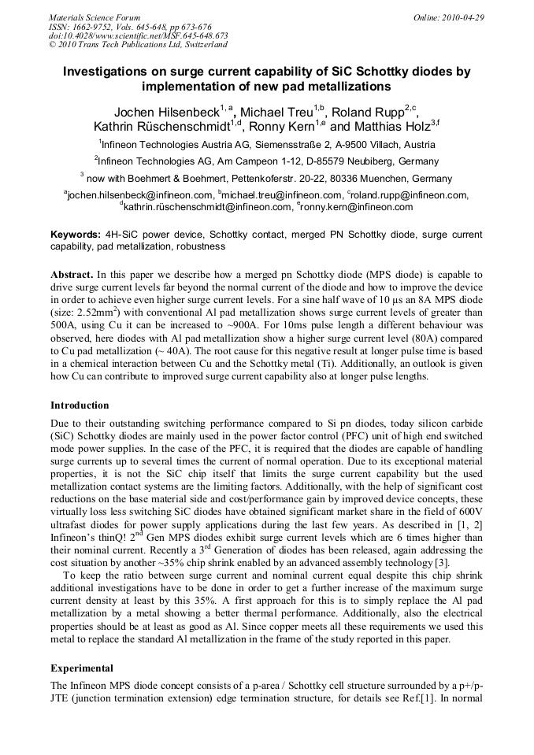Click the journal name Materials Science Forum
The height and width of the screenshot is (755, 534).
pyautogui.click(x=95, y=17)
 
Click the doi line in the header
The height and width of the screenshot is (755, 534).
pyautogui.click(x=138, y=35)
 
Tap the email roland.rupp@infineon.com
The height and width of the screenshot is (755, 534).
pyautogui.click(x=410, y=195)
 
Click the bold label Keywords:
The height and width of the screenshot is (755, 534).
pyautogui.click(x=76, y=235)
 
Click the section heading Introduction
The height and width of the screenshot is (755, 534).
pyautogui.click(x=80, y=405)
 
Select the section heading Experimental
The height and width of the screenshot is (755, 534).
pyautogui.click(x=82, y=668)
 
